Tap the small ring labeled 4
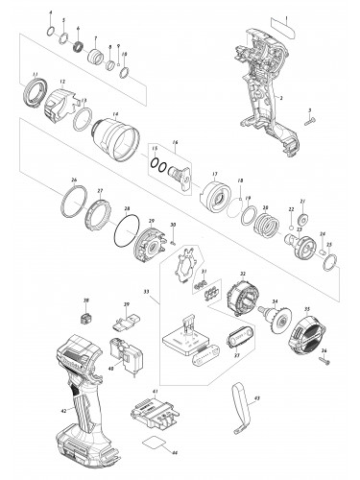tap(51, 32)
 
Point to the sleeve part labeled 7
tap(96, 57)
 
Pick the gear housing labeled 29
tap(148, 245)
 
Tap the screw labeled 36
tap(324, 362)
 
